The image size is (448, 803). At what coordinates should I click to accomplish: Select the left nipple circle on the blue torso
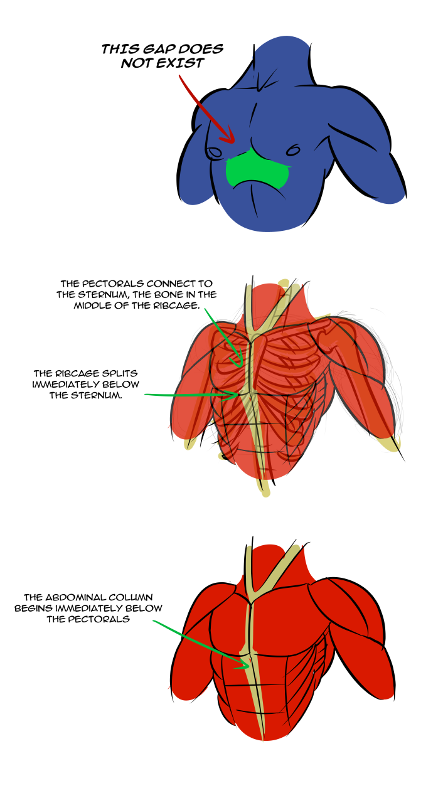pos(214,152)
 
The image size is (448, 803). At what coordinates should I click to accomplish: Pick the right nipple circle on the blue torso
pos(292,150)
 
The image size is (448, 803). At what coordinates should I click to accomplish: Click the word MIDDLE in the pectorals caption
pos(91,306)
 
